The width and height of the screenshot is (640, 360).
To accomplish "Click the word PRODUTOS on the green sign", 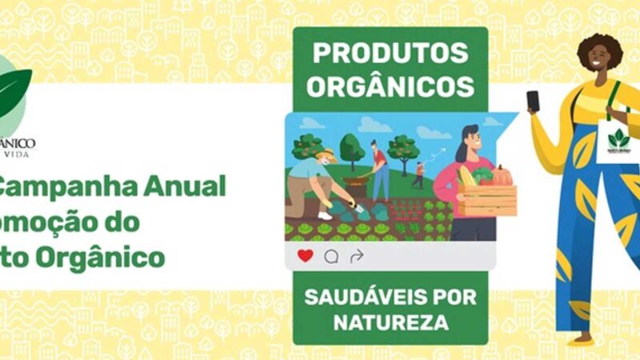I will point(390,53).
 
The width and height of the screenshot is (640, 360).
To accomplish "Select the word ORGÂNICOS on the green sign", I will point(390,84).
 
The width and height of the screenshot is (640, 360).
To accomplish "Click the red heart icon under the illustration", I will point(305,256).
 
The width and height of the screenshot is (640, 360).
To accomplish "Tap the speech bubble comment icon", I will point(331,256).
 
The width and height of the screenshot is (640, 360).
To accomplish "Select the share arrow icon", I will point(357,256).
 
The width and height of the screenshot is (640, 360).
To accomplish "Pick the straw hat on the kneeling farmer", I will point(324,154).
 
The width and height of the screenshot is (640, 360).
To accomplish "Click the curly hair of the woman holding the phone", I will point(599,48).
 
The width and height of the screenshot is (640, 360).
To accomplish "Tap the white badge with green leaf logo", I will point(618,141).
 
